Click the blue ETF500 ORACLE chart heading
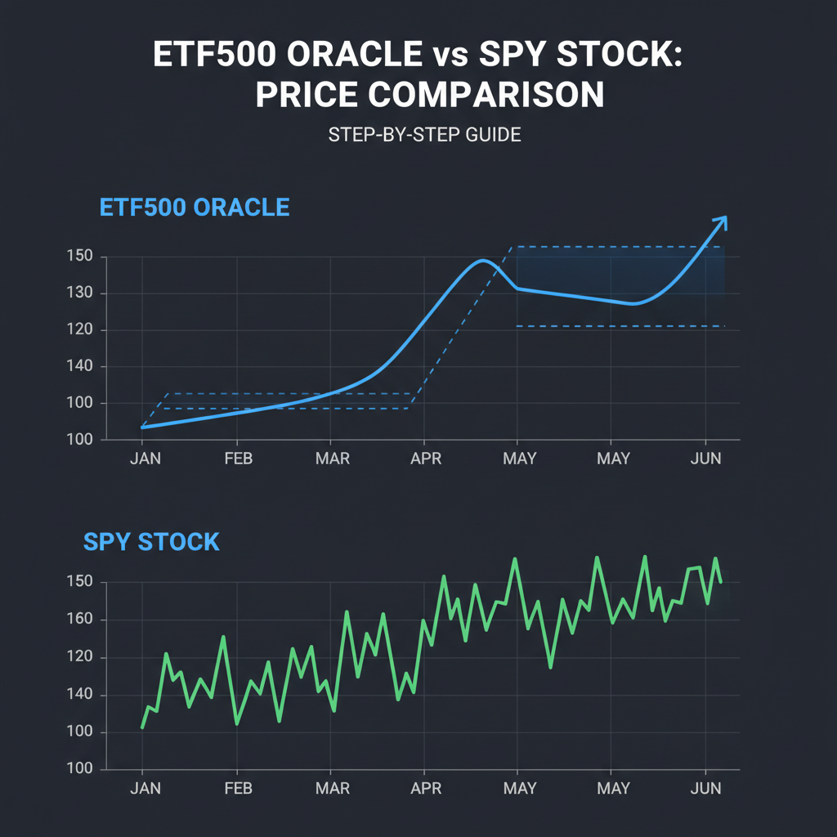[x=195, y=207]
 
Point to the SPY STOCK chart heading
[x=151, y=541]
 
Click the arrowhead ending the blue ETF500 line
[x=721, y=221]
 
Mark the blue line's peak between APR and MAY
[x=482, y=261]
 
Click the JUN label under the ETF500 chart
[x=705, y=459]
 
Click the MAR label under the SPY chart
[x=332, y=789]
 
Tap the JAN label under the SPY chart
[x=145, y=789]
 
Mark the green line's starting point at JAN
[x=143, y=727]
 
